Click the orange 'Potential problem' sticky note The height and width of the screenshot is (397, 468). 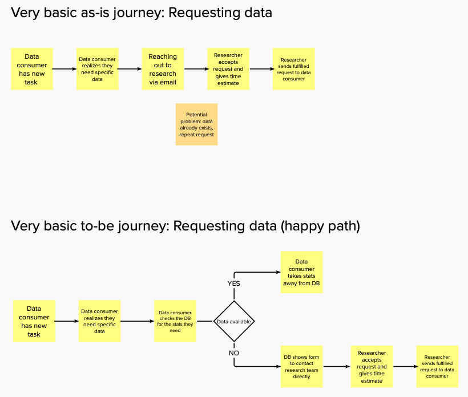[x=196, y=124]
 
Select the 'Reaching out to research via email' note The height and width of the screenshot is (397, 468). [x=163, y=69]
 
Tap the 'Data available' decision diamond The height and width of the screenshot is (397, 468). [x=234, y=321]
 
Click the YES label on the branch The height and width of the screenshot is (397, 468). [x=233, y=283]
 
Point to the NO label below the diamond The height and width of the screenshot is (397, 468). [x=234, y=353]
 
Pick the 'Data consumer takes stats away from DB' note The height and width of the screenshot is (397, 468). [x=301, y=272]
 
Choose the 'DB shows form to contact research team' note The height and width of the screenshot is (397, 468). [x=301, y=367]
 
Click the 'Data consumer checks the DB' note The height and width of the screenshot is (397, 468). [x=175, y=321]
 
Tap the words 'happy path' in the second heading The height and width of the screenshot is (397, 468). [x=320, y=226]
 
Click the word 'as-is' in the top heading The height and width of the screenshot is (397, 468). [x=95, y=13]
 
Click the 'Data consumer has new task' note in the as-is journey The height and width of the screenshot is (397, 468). [x=32, y=69]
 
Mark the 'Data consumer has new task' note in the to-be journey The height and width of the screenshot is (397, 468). [x=34, y=321]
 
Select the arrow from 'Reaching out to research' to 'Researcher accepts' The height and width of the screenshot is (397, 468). [x=196, y=69]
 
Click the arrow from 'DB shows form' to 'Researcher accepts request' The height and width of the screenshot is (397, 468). [x=337, y=367]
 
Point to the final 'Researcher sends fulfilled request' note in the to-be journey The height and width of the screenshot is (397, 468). [x=437, y=367]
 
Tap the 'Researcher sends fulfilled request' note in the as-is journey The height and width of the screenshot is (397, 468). [x=294, y=69]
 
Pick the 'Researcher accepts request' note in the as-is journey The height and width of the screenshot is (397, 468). [x=228, y=69]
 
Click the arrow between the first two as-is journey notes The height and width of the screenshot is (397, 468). [x=64, y=69]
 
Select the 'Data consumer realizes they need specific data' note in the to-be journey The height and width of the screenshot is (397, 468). [x=99, y=321]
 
